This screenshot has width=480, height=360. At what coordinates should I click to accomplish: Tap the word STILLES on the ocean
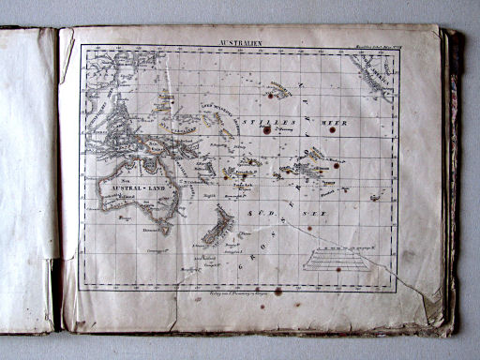tap(262, 122)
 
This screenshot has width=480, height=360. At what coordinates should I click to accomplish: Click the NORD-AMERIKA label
tap(372, 74)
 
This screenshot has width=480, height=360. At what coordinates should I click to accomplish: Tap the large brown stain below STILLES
tap(266, 131)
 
